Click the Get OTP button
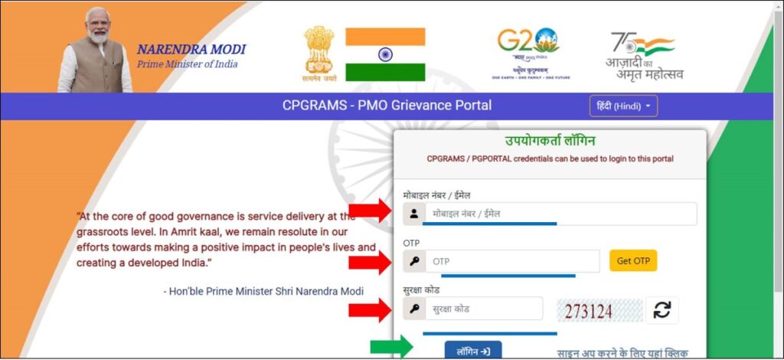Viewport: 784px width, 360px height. pos(633,261)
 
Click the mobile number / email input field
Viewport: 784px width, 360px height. pos(560,214)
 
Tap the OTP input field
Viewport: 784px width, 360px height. pos(511,261)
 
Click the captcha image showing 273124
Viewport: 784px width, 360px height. pos(599,310)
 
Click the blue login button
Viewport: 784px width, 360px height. pos(473,352)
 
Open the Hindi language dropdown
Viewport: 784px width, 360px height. pos(623,106)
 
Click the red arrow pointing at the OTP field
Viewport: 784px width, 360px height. pos(371,262)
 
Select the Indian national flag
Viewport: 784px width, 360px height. pos(385,54)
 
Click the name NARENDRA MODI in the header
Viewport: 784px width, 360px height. pos(191,50)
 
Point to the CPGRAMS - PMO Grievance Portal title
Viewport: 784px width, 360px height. pos(387,106)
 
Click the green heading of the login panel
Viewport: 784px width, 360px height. pos(550,141)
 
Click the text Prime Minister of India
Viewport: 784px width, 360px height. pos(187,64)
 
